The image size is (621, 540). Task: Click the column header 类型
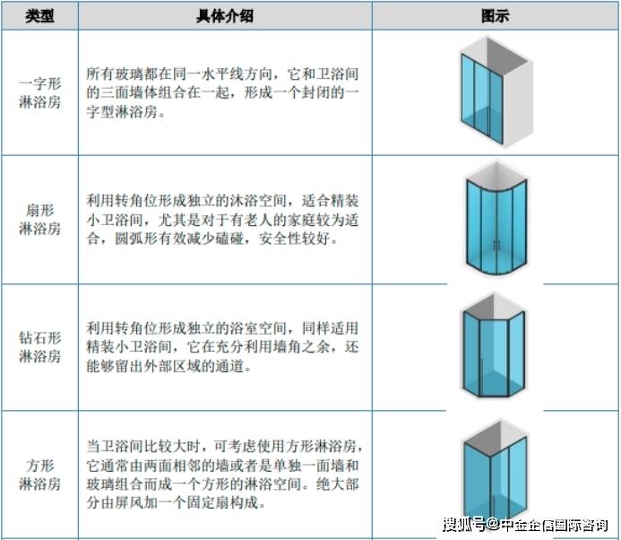coord(39,16)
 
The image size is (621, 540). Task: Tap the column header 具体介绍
coord(225,16)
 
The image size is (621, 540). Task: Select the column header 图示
coord(495,16)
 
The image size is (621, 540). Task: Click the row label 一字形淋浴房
coord(40,92)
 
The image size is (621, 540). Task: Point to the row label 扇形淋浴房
coord(40,219)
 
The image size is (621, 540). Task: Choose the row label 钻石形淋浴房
coord(40,347)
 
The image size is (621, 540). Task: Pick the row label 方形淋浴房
coord(40,475)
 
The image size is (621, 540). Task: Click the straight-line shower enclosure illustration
coord(495,92)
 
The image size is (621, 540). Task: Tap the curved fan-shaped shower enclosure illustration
coord(496,219)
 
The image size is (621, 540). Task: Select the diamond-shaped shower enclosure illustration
coord(494,345)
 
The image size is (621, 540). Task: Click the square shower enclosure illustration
coord(495,472)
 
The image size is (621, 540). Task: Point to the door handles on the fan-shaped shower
coord(496,246)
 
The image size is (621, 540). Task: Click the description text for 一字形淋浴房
coord(222,92)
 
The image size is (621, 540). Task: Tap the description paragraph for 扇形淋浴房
coord(222,219)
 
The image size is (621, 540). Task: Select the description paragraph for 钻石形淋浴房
coord(222,347)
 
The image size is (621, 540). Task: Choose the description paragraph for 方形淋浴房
coord(224,475)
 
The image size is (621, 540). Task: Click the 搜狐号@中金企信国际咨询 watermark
coord(525,525)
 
